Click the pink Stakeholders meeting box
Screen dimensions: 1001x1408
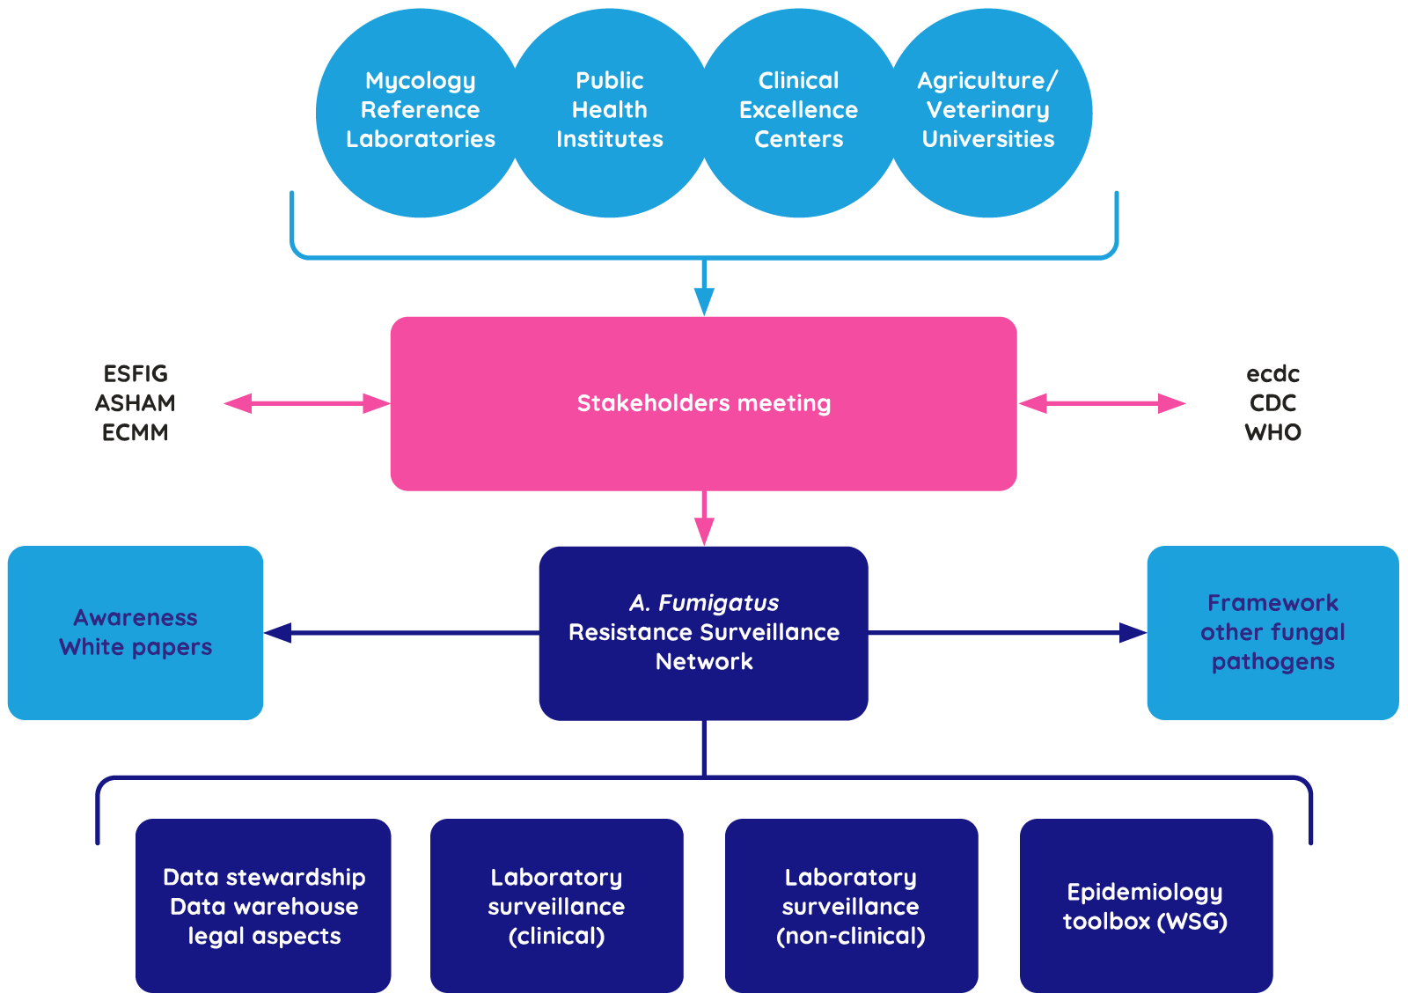[x=703, y=403]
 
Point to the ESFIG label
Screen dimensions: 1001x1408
[x=136, y=374]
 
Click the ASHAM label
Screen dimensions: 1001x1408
[x=136, y=403]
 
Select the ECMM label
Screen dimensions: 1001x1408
[x=136, y=432]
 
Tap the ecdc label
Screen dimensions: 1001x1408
[x=1272, y=374]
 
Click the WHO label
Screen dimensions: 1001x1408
[x=1272, y=432]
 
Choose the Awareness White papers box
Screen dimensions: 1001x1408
[x=136, y=633]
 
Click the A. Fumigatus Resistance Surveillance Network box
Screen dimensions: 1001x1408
[x=703, y=633]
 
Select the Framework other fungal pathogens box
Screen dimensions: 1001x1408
[x=1272, y=633]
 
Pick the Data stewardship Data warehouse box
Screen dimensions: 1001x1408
[x=263, y=906]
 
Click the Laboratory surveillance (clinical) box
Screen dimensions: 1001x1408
[x=556, y=906]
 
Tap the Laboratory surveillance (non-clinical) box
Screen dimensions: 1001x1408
[x=851, y=906]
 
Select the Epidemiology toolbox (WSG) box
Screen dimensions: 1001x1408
[x=1146, y=906]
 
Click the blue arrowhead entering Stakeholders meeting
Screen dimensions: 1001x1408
[x=704, y=302]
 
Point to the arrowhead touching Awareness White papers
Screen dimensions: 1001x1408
[x=278, y=633]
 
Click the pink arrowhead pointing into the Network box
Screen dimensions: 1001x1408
[x=704, y=532]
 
